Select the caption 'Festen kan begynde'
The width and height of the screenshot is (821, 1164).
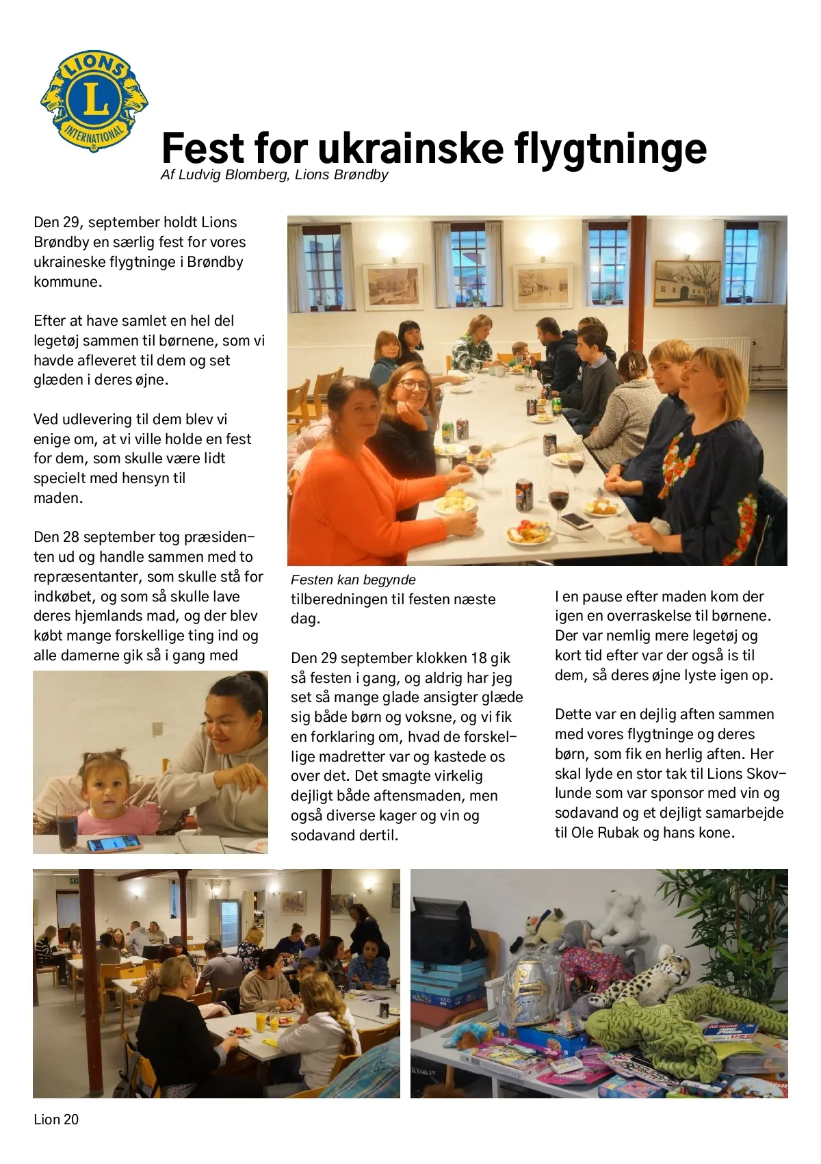353,580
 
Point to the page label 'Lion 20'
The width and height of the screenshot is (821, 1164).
56,1120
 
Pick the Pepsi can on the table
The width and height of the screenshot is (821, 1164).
524,494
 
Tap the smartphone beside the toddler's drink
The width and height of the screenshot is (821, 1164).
114,844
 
